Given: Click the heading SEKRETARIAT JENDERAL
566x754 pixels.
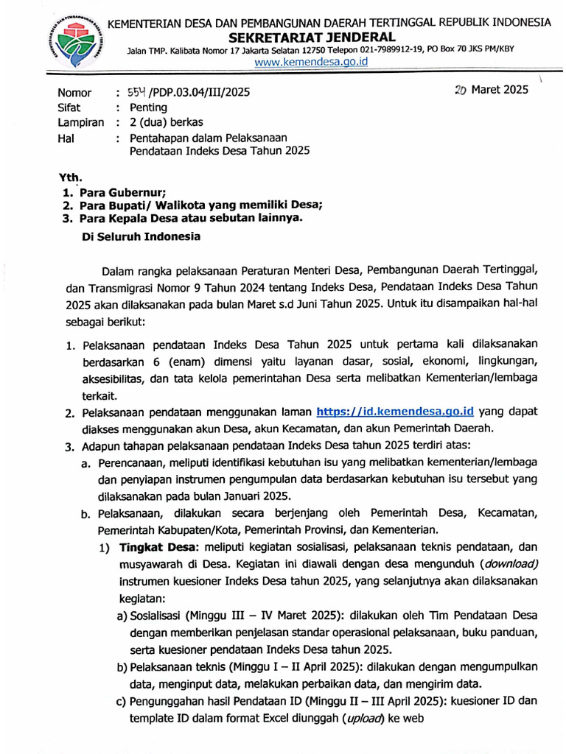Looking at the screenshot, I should coord(322,37).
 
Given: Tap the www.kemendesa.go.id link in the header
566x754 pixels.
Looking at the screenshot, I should coord(310,62).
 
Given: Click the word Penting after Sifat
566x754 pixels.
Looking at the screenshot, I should coord(148,108).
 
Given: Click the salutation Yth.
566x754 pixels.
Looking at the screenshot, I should coord(71,177).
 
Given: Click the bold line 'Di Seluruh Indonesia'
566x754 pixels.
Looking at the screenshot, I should coord(139,237).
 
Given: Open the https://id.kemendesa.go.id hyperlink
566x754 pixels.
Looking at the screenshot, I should coord(394,412).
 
